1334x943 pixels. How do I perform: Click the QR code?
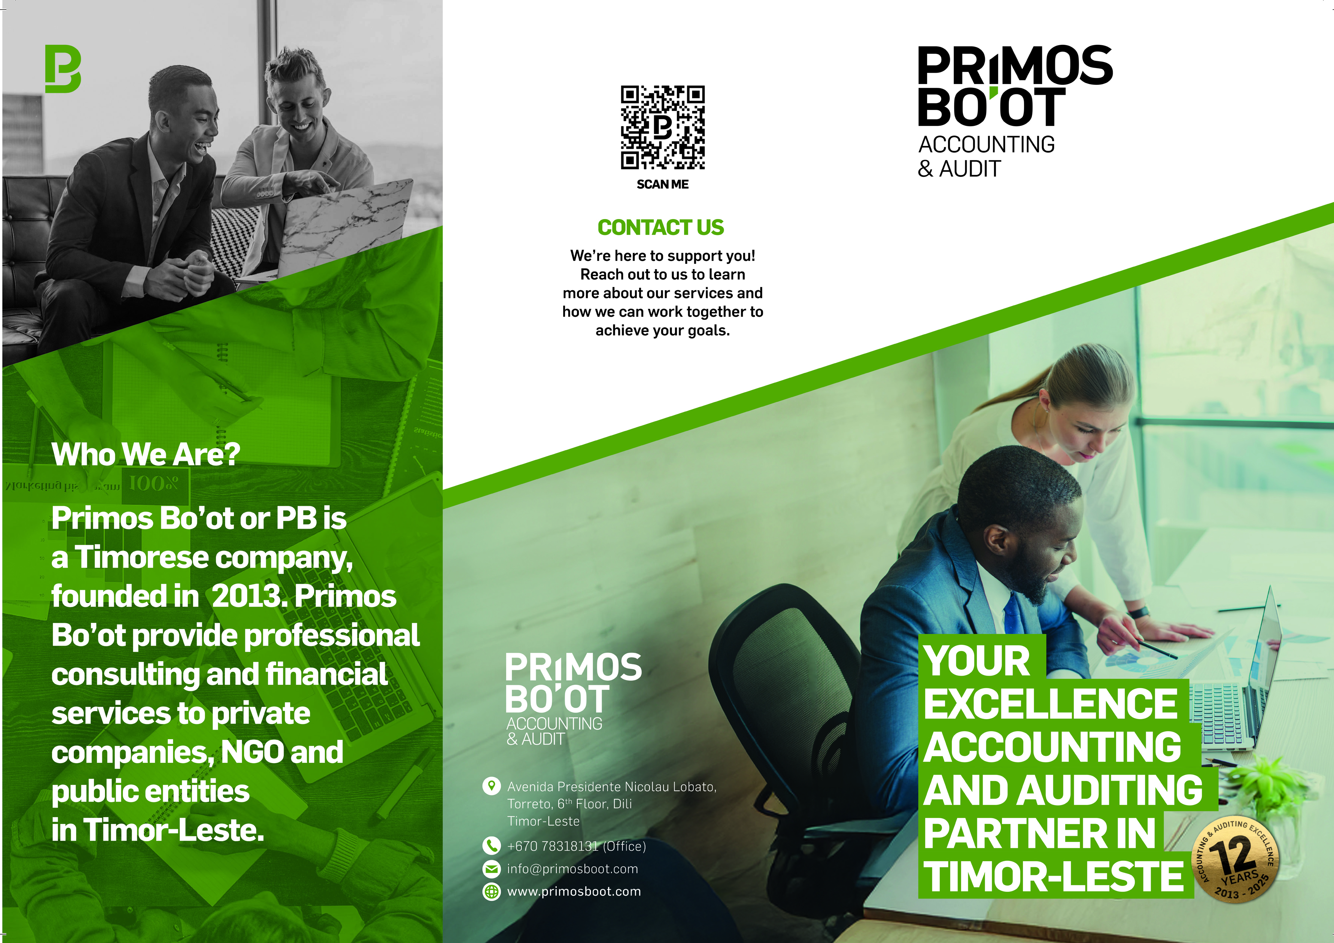tap(662, 127)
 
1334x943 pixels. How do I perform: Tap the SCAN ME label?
tap(662, 184)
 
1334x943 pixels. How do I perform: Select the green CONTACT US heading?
tap(661, 227)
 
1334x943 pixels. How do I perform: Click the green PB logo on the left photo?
tap(63, 68)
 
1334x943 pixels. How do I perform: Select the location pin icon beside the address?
tap(492, 786)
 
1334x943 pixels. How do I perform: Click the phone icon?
tap(492, 846)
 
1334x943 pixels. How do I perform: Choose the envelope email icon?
tap(492, 868)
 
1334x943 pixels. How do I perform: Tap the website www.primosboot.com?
tap(574, 891)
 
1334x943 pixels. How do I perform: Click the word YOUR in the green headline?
tap(977, 661)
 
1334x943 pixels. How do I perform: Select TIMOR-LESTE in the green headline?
tap(1053, 876)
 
